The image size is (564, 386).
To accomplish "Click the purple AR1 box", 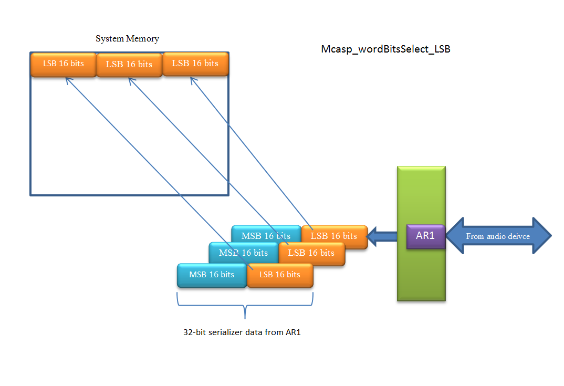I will tap(425, 236).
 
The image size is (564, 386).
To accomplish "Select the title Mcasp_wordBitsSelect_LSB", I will tap(385, 49).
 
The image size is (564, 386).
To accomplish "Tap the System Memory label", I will tap(127, 39).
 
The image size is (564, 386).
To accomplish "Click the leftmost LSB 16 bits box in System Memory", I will tap(63, 64).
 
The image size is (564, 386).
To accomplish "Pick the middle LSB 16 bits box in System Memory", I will tap(129, 65).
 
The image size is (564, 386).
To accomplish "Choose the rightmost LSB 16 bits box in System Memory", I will tap(195, 64).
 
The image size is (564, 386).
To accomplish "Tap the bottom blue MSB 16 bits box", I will tap(212, 275).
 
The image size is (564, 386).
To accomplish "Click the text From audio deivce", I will tap(498, 236).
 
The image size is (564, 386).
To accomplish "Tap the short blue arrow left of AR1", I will tap(382, 236).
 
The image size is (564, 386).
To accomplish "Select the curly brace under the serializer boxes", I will tap(245, 307).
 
